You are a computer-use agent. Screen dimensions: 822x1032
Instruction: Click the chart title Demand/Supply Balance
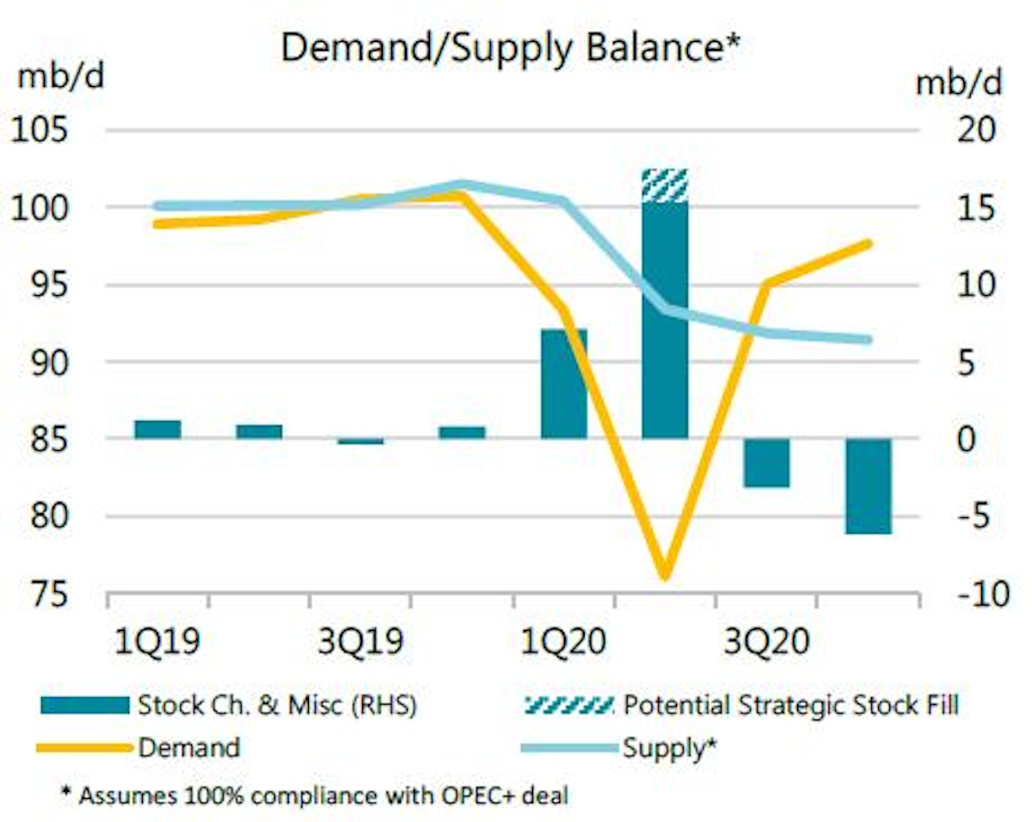(x=511, y=49)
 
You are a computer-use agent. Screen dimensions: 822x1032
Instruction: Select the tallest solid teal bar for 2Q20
(x=665, y=318)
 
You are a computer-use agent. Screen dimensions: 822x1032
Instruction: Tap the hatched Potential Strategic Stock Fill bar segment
(x=665, y=185)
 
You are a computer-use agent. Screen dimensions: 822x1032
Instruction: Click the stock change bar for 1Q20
(x=563, y=384)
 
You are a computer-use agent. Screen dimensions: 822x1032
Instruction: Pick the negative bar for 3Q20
(x=766, y=463)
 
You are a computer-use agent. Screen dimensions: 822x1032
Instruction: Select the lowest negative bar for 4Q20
(x=868, y=486)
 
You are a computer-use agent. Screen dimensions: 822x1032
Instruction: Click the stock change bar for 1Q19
(x=157, y=430)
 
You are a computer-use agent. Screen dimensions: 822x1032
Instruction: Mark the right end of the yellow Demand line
(x=869, y=244)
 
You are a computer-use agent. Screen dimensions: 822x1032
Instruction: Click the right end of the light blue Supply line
(x=869, y=339)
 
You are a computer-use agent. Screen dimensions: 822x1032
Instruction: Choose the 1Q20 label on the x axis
(x=563, y=643)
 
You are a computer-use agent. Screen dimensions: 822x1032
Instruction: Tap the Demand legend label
(x=189, y=747)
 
